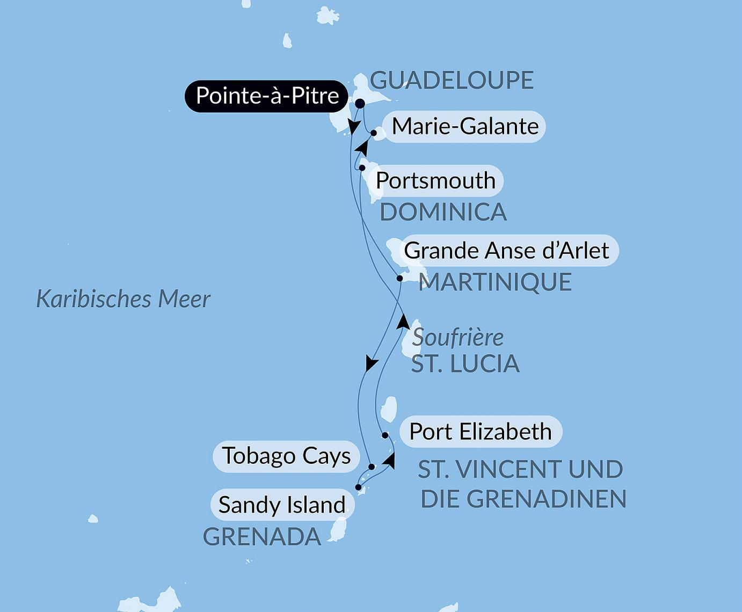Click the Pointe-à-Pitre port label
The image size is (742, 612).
[267, 96]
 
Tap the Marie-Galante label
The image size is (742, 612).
[465, 127]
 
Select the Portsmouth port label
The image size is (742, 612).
[435, 181]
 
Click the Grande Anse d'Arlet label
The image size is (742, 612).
[506, 251]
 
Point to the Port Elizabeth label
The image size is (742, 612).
[481, 432]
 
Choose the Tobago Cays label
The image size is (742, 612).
[286, 456]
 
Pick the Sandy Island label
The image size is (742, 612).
[282, 505]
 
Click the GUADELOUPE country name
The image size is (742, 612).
[452, 81]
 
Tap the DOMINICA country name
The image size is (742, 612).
[443, 213]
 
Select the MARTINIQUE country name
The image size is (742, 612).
[495, 282]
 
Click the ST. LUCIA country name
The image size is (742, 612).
[465, 364]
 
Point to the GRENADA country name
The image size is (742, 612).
[262, 537]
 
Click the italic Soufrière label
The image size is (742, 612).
[458, 338]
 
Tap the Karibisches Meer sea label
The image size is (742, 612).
[123, 299]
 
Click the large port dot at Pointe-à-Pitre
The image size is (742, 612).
[360, 103]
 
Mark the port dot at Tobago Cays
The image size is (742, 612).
[372, 467]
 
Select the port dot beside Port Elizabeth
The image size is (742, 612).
[385, 435]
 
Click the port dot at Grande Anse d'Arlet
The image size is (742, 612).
[399, 278]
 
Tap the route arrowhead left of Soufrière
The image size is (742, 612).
[403, 322]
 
